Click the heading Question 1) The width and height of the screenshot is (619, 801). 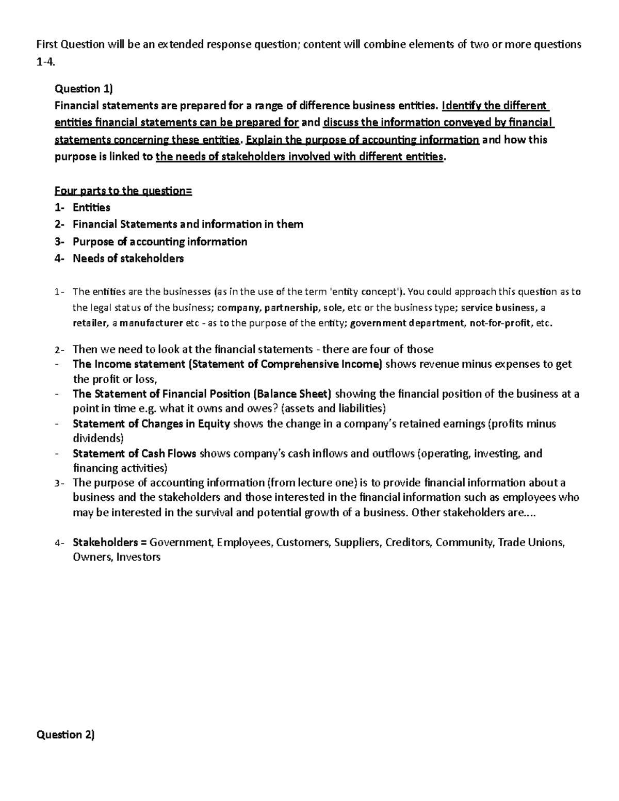[x=83, y=89]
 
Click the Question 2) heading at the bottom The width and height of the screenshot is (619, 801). [x=66, y=734]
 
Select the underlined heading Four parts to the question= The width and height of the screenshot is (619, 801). [x=123, y=191]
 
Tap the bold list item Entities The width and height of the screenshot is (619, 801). [x=91, y=207]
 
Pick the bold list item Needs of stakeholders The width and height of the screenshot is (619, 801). [x=128, y=258]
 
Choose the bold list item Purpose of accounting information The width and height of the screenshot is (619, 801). [x=160, y=241]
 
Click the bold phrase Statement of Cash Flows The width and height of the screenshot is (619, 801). [x=135, y=453]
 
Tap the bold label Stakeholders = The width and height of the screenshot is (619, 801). [x=110, y=542]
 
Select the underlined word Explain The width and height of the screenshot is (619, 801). [x=265, y=140]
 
